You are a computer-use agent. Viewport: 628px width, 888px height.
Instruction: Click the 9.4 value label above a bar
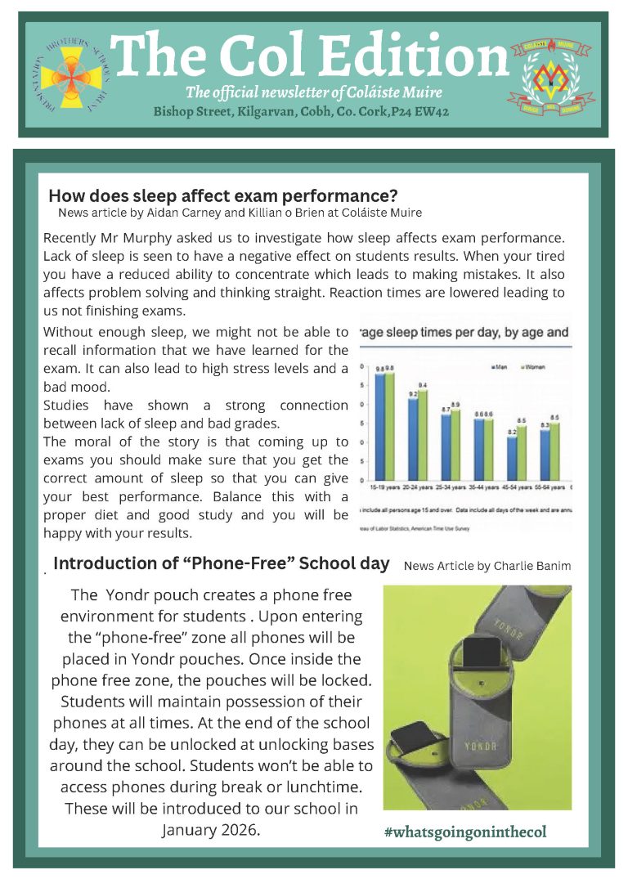point(423,384)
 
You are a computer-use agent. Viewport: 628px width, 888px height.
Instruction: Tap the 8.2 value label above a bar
point(511,432)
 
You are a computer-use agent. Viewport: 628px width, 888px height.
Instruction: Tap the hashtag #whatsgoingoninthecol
point(464,832)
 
